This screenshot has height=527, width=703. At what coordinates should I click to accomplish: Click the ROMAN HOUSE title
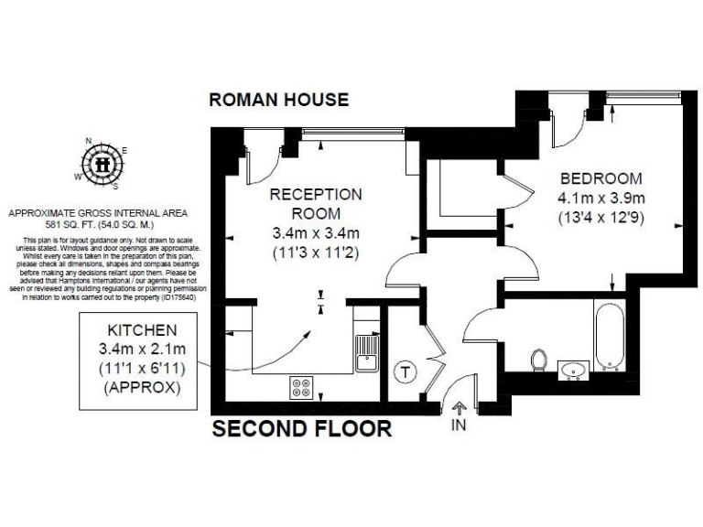coord(279,99)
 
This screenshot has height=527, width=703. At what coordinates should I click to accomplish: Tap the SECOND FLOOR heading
coord(302,428)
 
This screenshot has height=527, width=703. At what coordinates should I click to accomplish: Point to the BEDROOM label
coord(600,177)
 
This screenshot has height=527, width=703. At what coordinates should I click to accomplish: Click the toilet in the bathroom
coord(540,360)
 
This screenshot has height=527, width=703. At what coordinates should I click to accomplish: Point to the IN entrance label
coord(459,425)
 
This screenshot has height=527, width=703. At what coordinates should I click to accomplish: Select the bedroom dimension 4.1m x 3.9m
coord(601,198)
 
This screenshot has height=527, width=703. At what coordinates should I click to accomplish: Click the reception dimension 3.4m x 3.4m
coord(316,231)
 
